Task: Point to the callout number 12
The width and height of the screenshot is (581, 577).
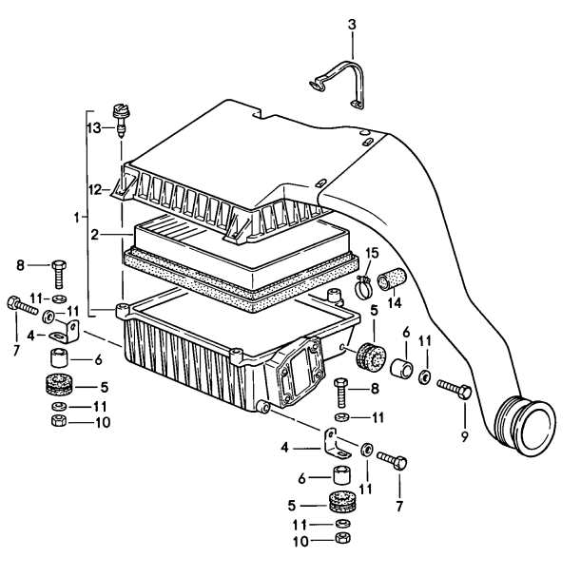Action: tap(94, 189)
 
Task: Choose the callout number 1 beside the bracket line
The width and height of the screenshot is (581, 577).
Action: tap(76, 218)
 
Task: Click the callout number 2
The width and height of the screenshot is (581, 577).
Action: tap(94, 231)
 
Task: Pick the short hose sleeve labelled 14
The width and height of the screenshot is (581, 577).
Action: tap(390, 281)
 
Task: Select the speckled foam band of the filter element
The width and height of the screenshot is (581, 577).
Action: tap(238, 279)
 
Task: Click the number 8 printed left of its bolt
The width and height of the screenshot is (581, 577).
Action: tap(19, 265)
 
